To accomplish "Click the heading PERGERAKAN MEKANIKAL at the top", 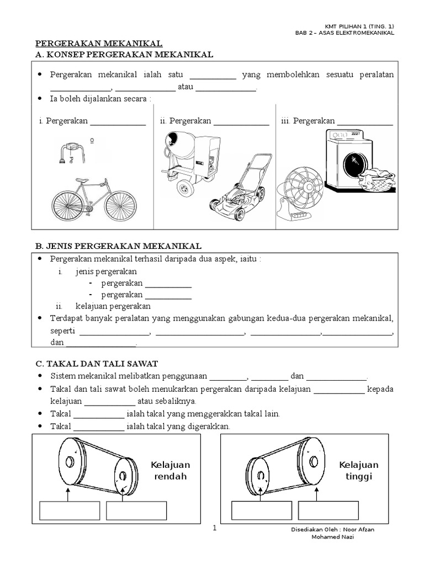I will coord(99,44).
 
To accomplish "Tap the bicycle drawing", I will coord(94,200).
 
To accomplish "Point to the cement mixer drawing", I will coord(192,161).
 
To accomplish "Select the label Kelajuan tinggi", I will coord(359,471).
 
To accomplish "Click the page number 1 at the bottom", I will coord(215,528).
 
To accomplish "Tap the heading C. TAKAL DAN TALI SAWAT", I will coord(97,363).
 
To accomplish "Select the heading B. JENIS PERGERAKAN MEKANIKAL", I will coord(118,246).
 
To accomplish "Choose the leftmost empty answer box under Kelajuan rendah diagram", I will coord(70,510).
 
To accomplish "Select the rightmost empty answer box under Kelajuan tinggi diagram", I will coord(328,510).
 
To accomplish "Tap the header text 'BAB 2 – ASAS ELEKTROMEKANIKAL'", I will coord(345,33).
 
